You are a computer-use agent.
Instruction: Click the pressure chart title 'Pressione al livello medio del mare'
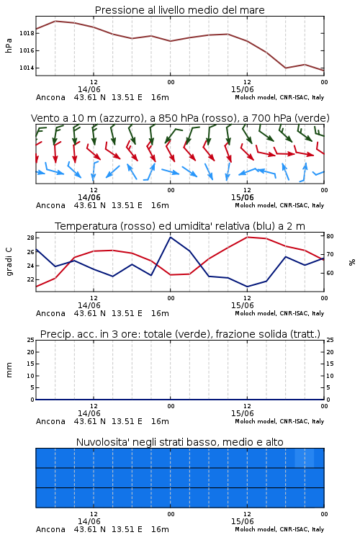(x=179, y=10)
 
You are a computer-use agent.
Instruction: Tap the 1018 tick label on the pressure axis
(x=27, y=33)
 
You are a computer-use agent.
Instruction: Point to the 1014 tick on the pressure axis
(x=27, y=68)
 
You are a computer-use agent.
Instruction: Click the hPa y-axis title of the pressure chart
(x=9, y=45)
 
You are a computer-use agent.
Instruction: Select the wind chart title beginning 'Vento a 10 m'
(x=180, y=118)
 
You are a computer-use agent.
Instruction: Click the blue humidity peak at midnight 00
(x=170, y=237)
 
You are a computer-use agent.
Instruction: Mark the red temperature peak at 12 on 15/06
(x=248, y=237)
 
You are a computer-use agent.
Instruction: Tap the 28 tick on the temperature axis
(x=30, y=238)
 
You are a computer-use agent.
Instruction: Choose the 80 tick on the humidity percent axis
(x=330, y=236)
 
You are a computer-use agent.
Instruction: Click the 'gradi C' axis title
(x=9, y=262)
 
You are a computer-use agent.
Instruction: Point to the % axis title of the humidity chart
(x=352, y=262)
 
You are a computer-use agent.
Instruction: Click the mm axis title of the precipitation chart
(x=9, y=369)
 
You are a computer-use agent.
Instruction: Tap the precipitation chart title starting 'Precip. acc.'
(x=180, y=334)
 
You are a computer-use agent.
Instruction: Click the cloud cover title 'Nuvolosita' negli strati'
(x=179, y=442)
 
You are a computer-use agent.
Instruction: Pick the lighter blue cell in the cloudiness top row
(x=304, y=458)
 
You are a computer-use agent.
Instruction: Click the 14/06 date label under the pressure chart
(x=89, y=89)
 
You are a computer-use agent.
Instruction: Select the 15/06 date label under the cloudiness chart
(x=242, y=521)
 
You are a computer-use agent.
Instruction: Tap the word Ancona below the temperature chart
(x=50, y=313)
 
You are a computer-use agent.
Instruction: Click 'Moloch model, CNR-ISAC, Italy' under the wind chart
(x=279, y=205)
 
